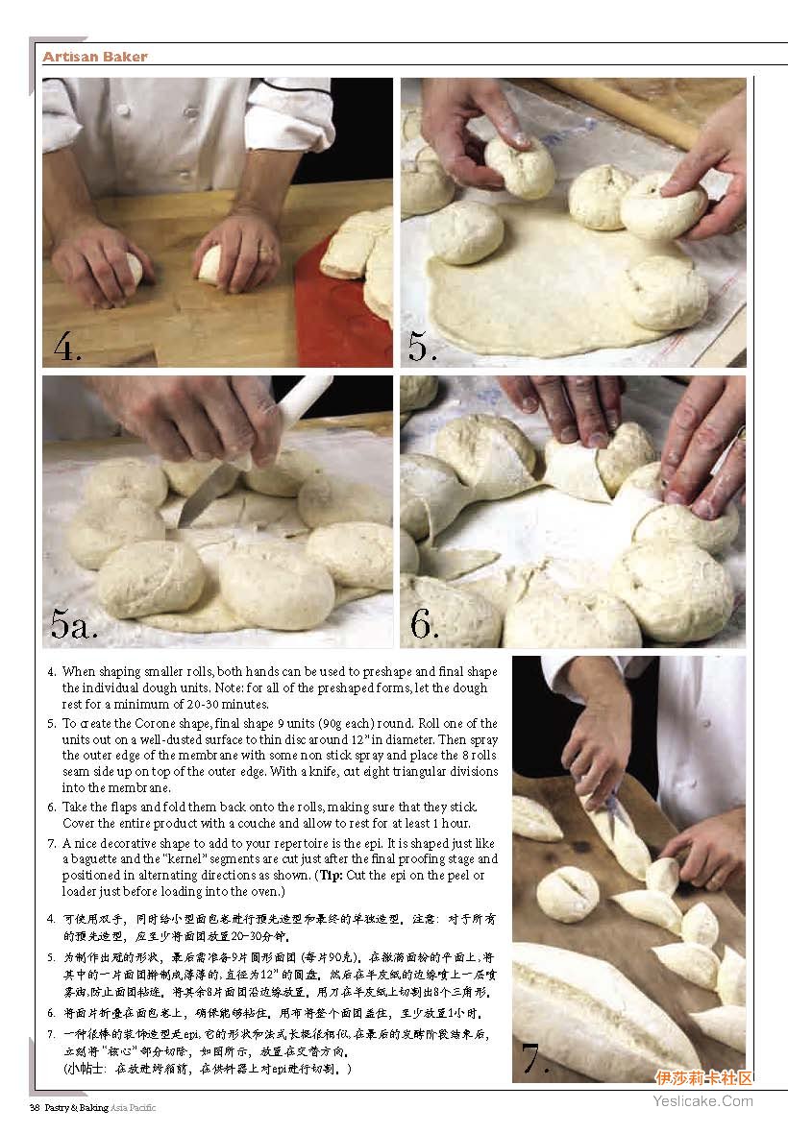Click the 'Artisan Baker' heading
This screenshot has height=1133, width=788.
(95, 57)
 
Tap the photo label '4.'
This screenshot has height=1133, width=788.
(67, 347)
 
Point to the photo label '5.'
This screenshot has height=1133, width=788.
(423, 346)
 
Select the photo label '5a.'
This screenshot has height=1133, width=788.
(73, 623)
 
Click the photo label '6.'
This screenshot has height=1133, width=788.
(425, 623)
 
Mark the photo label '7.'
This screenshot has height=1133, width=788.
(535, 1058)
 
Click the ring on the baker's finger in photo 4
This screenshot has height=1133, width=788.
(267, 253)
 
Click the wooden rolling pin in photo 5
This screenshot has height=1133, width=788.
(644, 108)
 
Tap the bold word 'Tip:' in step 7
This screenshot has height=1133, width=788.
(332, 875)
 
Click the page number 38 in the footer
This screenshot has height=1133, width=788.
(34, 1108)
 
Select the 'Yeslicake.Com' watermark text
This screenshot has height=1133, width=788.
(702, 1100)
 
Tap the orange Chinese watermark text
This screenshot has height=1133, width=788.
(703, 1079)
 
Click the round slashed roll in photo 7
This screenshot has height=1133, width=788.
(568, 894)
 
